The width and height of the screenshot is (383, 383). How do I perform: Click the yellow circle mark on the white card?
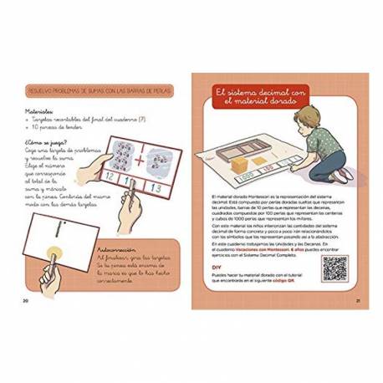point(57,251)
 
